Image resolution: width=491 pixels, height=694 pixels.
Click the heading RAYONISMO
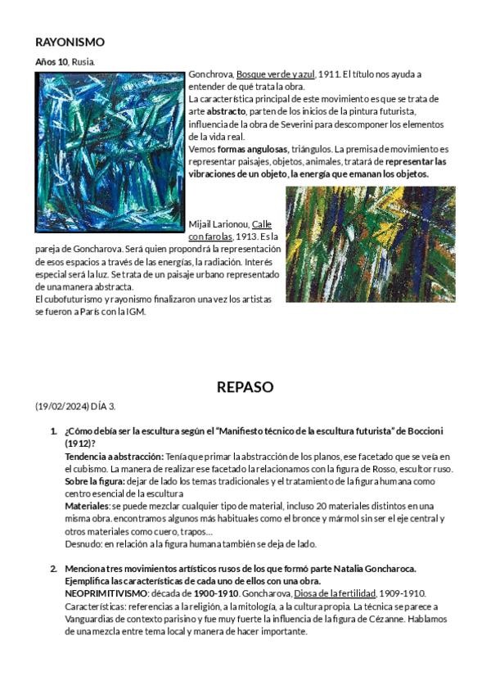click(x=70, y=43)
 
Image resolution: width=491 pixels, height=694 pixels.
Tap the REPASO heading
click(x=245, y=387)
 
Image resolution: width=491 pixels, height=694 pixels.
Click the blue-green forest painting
click(x=110, y=151)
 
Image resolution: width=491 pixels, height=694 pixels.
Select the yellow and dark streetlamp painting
click(x=370, y=244)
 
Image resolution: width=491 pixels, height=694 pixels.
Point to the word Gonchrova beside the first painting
click(x=210, y=74)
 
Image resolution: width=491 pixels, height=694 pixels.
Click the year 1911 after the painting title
click(x=329, y=74)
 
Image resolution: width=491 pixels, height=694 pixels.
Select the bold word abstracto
click(x=226, y=110)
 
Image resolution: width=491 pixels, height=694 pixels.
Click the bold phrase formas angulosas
click(x=253, y=149)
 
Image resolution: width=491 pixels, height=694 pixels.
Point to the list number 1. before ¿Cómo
click(x=54, y=431)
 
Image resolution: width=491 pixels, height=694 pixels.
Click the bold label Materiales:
click(x=88, y=506)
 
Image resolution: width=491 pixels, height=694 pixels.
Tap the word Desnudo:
click(x=83, y=543)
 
